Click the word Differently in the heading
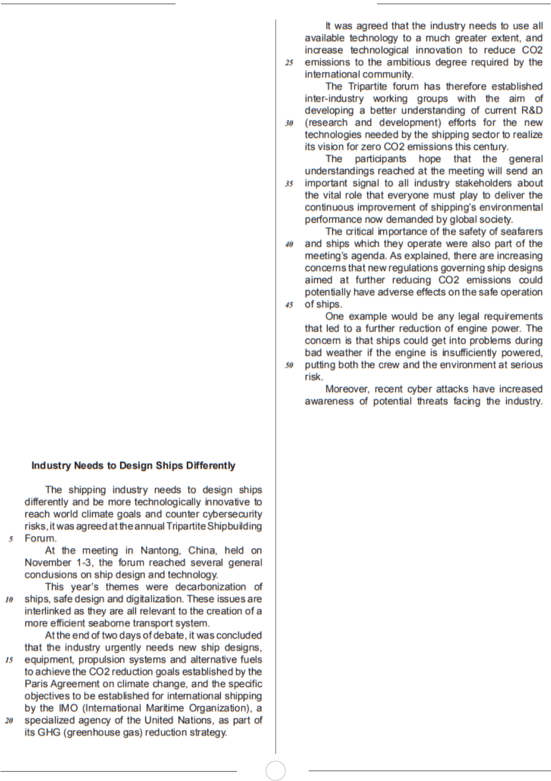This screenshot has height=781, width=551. point(210,466)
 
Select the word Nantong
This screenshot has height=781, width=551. point(160,550)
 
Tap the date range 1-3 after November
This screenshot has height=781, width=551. point(83,562)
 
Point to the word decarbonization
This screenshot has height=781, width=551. point(210,587)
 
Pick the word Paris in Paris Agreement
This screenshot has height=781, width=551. point(35,684)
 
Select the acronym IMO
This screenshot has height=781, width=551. point(68,708)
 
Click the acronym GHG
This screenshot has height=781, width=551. point(49,732)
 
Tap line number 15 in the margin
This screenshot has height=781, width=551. point(9,660)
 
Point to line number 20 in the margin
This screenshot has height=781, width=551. point(9,721)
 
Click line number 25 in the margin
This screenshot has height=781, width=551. point(289,63)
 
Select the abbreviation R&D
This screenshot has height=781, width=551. point(531,110)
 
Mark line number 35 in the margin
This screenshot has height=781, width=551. point(289,184)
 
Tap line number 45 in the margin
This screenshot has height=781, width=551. point(289,305)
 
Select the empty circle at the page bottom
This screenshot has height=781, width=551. point(275,771)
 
